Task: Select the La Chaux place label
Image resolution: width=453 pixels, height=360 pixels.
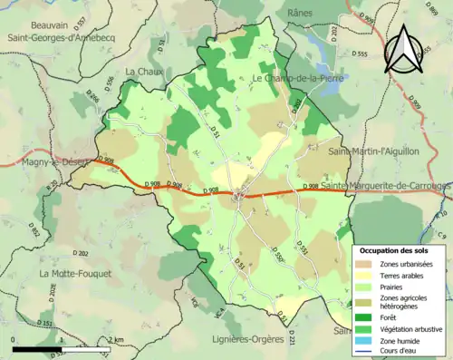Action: (142, 71)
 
